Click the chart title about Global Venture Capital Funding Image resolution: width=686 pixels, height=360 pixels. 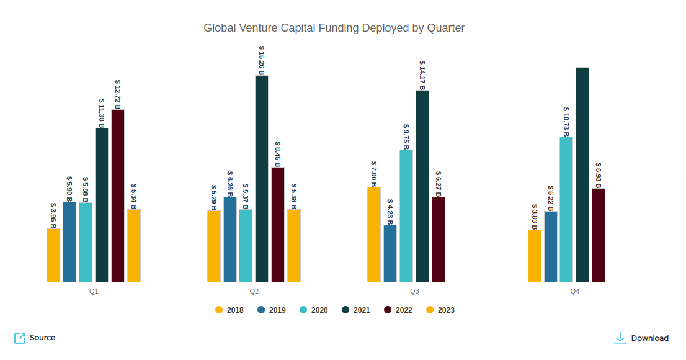tap(334, 28)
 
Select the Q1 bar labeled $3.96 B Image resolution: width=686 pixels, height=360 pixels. tap(53, 255)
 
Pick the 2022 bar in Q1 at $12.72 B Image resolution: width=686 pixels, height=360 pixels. tap(118, 196)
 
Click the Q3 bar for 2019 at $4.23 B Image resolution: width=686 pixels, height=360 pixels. tap(390, 253)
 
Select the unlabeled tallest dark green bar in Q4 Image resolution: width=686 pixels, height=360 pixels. tap(582, 174)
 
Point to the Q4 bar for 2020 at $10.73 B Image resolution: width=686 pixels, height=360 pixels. tap(566, 209)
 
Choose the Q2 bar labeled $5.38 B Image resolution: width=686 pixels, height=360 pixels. tap(294, 245)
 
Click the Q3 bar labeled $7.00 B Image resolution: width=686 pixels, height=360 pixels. tap(374, 234)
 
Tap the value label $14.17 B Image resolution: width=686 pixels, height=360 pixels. tap(422, 75)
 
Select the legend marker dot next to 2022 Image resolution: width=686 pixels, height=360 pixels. tap(388, 310)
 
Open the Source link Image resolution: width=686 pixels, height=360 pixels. tap(35, 338)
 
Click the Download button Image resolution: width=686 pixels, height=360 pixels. tap(642, 338)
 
